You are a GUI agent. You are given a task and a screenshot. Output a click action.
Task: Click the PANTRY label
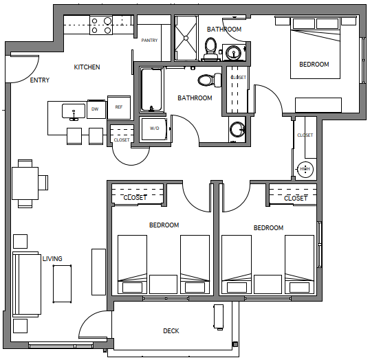tap(149, 41)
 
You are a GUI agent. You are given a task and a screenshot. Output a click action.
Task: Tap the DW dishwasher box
tap(96, 109)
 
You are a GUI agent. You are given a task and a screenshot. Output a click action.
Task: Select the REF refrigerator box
tap(119, 107)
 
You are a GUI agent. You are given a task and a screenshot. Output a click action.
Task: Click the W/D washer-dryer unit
tap(154, 128)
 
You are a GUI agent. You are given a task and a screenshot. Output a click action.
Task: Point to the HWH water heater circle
tap(305, 169)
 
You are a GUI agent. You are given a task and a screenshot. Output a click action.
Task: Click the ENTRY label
tap(40, 80)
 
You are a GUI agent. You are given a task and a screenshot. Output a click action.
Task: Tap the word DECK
tap(171, 331)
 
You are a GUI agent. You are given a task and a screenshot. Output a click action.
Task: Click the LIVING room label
tap(52, 258)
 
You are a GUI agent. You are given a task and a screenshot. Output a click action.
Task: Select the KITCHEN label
tap(87, 67)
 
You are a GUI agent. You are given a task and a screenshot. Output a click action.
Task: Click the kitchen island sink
tap(74, 111)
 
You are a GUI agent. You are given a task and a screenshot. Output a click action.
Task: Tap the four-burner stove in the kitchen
tap(101, 25)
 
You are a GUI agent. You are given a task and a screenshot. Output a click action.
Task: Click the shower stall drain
tap(186, 38)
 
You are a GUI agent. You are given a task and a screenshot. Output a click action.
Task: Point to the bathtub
tap(152, 89)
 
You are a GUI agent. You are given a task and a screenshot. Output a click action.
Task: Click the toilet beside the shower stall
tap(210, 49)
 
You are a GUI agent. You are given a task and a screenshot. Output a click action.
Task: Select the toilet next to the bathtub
tap(210, 80)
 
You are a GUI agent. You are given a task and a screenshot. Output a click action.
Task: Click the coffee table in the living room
tap(62, 284)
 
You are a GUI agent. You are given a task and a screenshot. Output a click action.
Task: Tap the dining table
tap(25, 183)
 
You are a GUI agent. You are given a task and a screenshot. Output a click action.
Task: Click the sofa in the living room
tap(27, 284)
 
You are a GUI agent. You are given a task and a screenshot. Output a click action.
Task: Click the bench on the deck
tap(218, 317)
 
